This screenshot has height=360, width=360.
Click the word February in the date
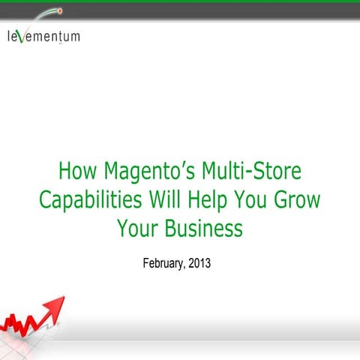pos(163,263)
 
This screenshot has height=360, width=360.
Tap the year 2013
pos(205,263)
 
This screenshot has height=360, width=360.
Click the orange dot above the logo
pos(59,12)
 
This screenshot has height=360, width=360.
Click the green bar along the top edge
pos(180,2)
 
